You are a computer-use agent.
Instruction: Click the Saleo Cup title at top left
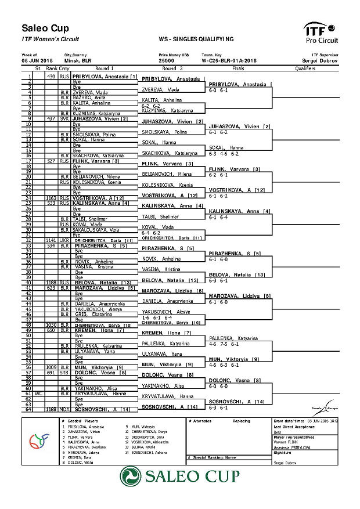45,28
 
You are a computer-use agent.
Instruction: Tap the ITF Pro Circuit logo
321,33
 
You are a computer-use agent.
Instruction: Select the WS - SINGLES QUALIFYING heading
196,39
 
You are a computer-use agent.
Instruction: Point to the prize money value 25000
167,60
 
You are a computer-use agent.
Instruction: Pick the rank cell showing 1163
51,198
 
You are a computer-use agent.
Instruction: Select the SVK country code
64,118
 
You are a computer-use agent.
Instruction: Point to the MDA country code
64,409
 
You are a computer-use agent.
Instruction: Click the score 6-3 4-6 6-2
224,154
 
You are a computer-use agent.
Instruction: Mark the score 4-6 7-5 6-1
224,344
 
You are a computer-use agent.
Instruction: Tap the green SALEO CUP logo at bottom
179,476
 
